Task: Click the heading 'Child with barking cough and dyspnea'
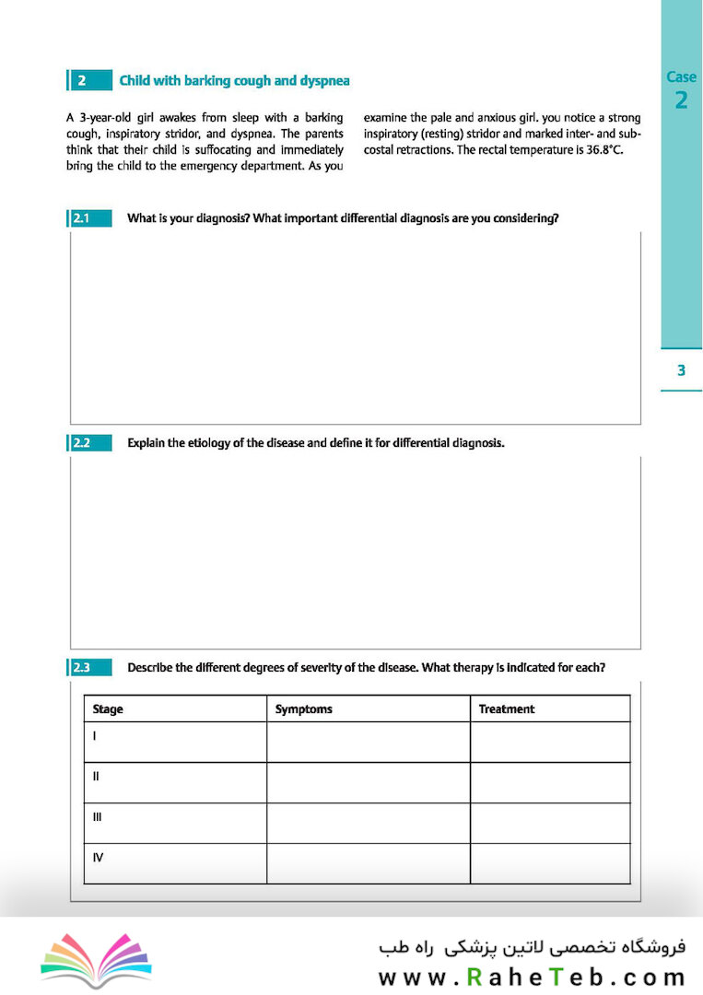(x=234, y=81)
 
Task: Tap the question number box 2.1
(x=89, y=219)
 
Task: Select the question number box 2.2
(x=89, y=443)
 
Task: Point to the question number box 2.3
(x=89, y=668)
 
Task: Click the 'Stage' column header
(x=108, y=709)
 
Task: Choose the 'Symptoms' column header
(x=303, y=709)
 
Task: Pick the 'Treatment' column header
(x=506, y=709)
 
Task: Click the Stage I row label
(x=95, y=736)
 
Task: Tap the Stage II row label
(x=96, y=777)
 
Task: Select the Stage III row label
(x=97, y=817)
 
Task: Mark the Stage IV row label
(x=98, y=858)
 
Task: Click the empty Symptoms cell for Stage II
(x=368, y=782)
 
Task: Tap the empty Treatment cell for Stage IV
(x=549, y=863)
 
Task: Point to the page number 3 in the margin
(x=681, y=370)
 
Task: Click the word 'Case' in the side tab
(x=681, y=77)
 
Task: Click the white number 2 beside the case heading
(x=81, y=81)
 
